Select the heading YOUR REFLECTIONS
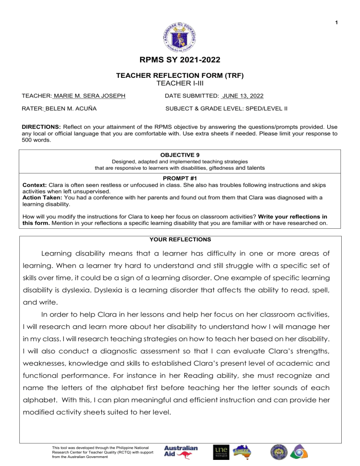180,239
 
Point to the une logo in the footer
222,452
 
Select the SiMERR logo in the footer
244,452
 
